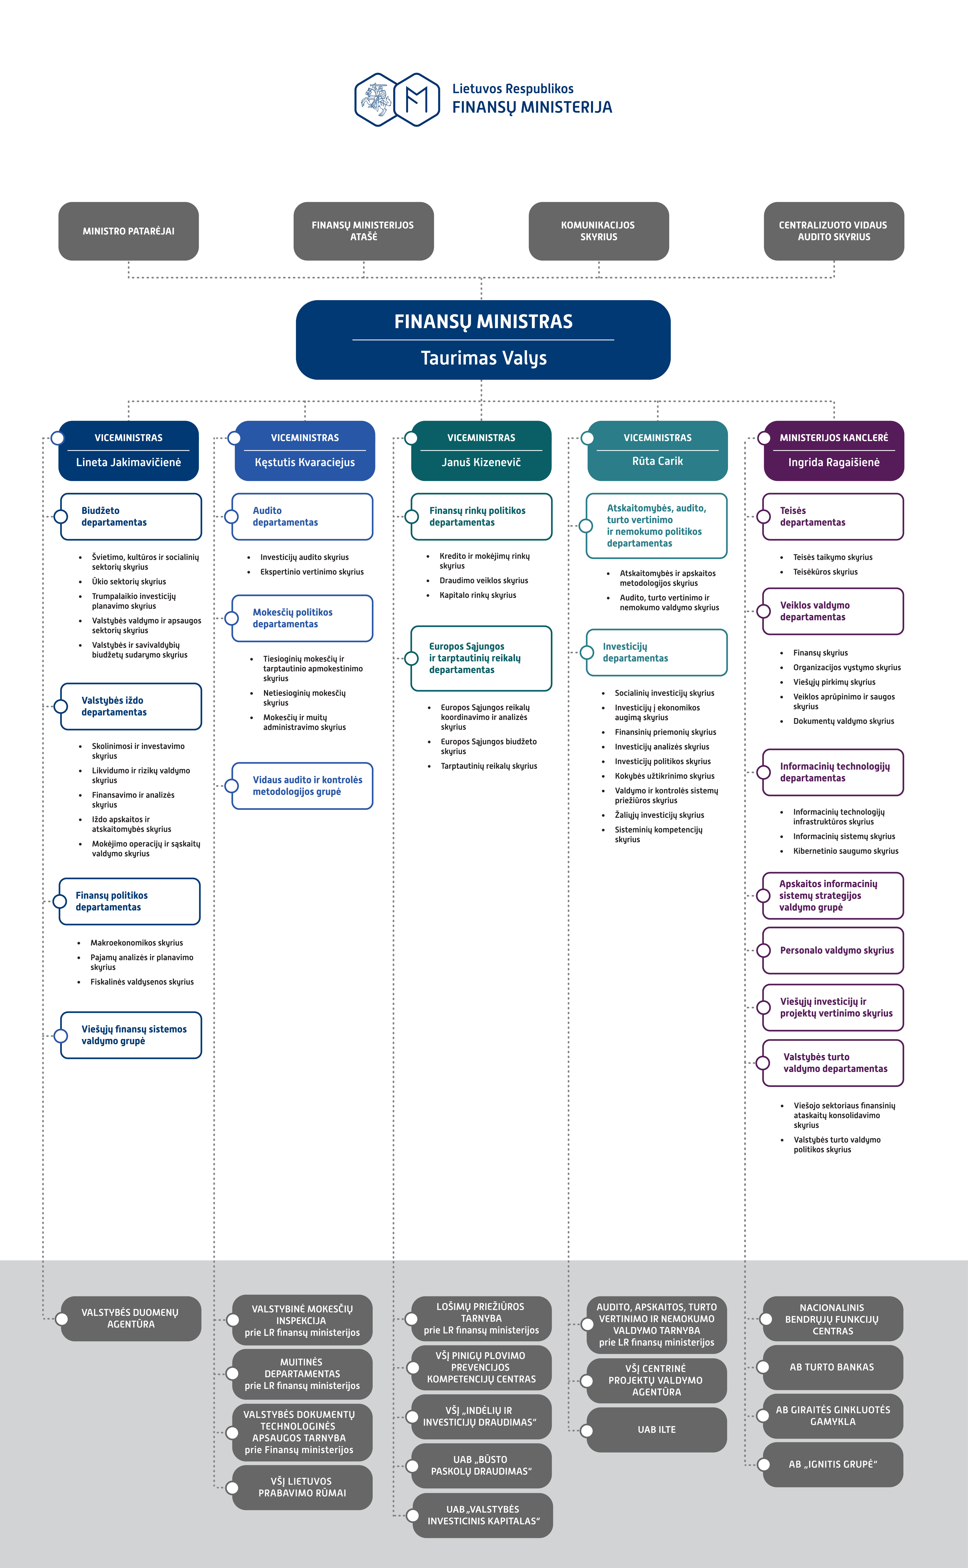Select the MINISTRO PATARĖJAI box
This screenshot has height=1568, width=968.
pos(129,231)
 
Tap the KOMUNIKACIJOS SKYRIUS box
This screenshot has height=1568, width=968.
pos(599,231)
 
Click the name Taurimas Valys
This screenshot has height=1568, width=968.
pos(484,358)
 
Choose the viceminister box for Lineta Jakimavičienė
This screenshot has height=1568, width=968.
pos(129,451)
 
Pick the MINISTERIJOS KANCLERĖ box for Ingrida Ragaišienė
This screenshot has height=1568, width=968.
pos(834,451)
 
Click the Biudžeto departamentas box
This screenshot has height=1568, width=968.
pos(131,516)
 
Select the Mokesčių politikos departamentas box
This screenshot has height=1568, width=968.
pos(302,618)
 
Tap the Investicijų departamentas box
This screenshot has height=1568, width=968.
pos(657,652)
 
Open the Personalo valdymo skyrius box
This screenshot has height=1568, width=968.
pos(833,950)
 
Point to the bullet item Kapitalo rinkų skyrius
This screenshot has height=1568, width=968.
pos(478,595)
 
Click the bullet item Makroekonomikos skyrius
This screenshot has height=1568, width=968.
pos(136,943)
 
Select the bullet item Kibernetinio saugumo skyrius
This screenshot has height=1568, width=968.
pos(846,851)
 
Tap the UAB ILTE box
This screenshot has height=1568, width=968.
pos(657,1430)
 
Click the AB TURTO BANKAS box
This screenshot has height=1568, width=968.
pos(833,1367)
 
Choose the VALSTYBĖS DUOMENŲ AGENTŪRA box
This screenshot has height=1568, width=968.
pos(131,1318)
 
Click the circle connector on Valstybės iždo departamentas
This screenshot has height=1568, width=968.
pos(61,707)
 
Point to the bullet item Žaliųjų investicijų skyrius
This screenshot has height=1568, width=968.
pos(660,815)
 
